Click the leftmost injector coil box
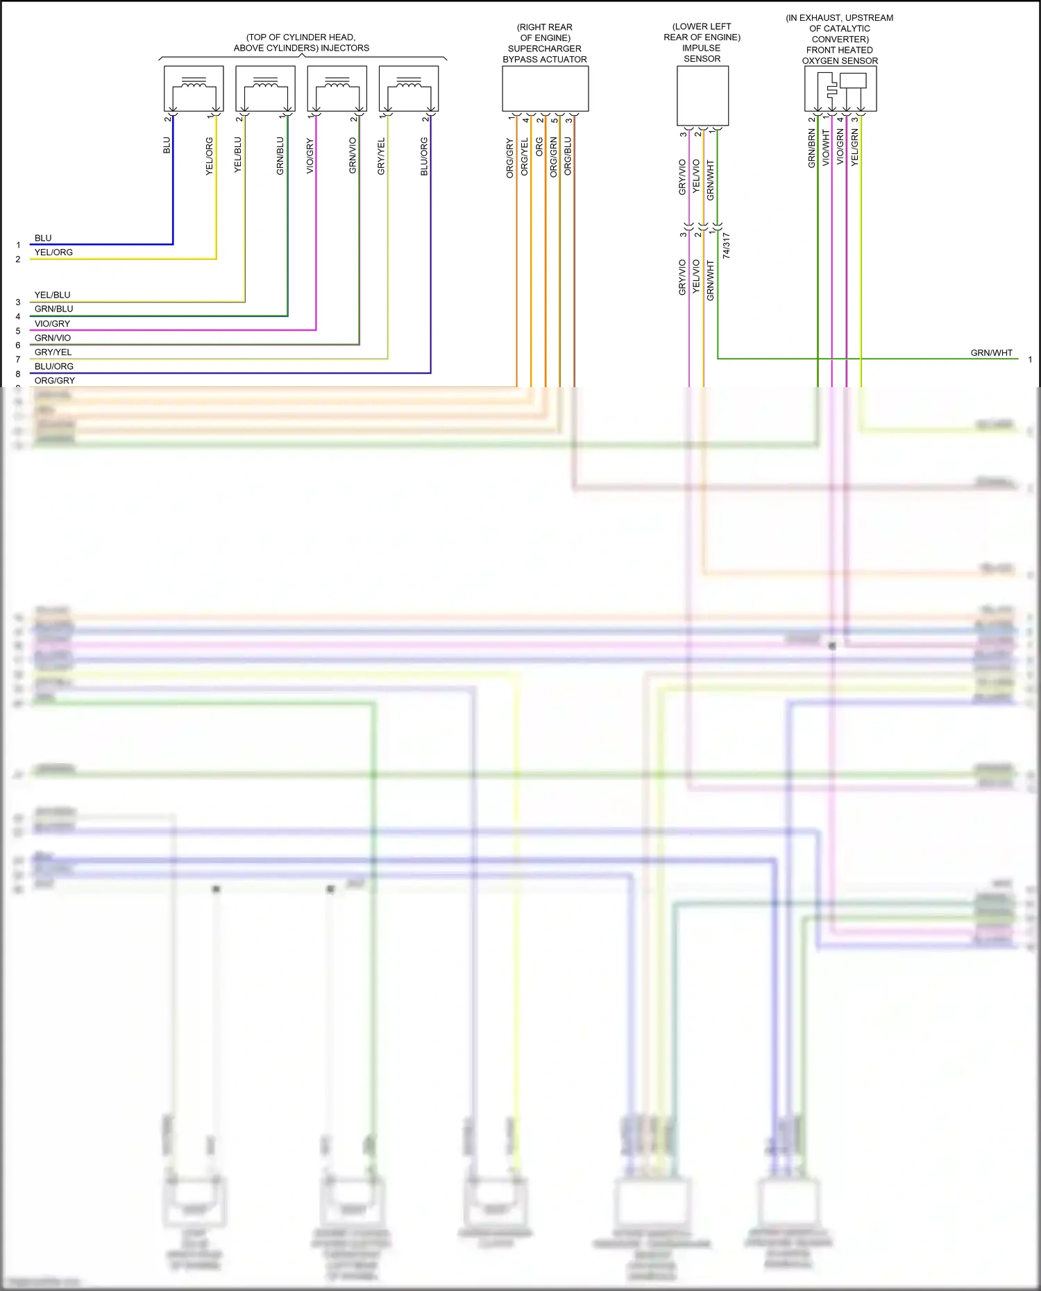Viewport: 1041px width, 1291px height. (x=194, y=88)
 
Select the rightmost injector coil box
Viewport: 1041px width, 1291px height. (x=409, y=88)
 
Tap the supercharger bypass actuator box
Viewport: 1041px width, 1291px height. (x=545, y=89)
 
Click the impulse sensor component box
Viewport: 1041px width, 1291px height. (x=702, y=96)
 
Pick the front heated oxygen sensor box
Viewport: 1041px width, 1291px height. (x=840, y=89)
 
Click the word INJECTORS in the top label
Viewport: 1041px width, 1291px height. (x=345, y=48)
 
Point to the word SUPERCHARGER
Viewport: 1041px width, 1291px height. (x=545, y=49)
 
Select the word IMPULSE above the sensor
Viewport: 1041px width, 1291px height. (x=701, y=48)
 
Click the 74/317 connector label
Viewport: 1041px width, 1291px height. (x=726, y=246)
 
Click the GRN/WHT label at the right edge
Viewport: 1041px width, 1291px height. (x=991, y=353)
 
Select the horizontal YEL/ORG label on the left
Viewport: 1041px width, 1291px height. (x=53, y=253)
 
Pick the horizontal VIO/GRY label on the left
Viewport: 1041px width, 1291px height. (x=52, y=324)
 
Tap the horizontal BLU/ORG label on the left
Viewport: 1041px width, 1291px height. (x=54, y=366)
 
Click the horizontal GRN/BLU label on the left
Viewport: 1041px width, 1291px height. (x=53, y=309)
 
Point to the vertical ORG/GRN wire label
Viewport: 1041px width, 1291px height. (x=553, y=157)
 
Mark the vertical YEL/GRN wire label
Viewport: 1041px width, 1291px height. (x=854, y=147)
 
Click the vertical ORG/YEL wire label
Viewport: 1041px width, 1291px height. (x=524, y=157)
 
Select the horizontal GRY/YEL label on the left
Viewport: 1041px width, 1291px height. (x=53, y=352)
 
